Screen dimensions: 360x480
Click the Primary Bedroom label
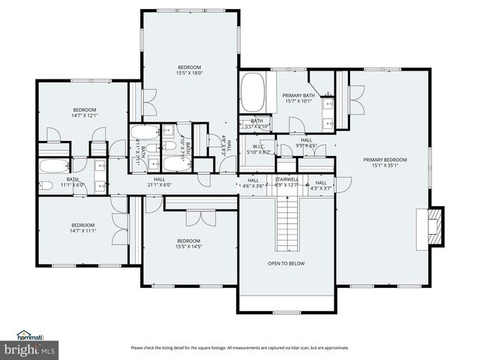click(385, 160)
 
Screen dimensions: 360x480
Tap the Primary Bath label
click(298, 96)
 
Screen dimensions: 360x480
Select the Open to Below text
click(286, 264)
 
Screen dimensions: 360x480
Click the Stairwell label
click(286, 180)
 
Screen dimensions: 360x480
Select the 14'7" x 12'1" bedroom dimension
click(85, 115)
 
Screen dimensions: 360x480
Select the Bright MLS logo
click(30, 350)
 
